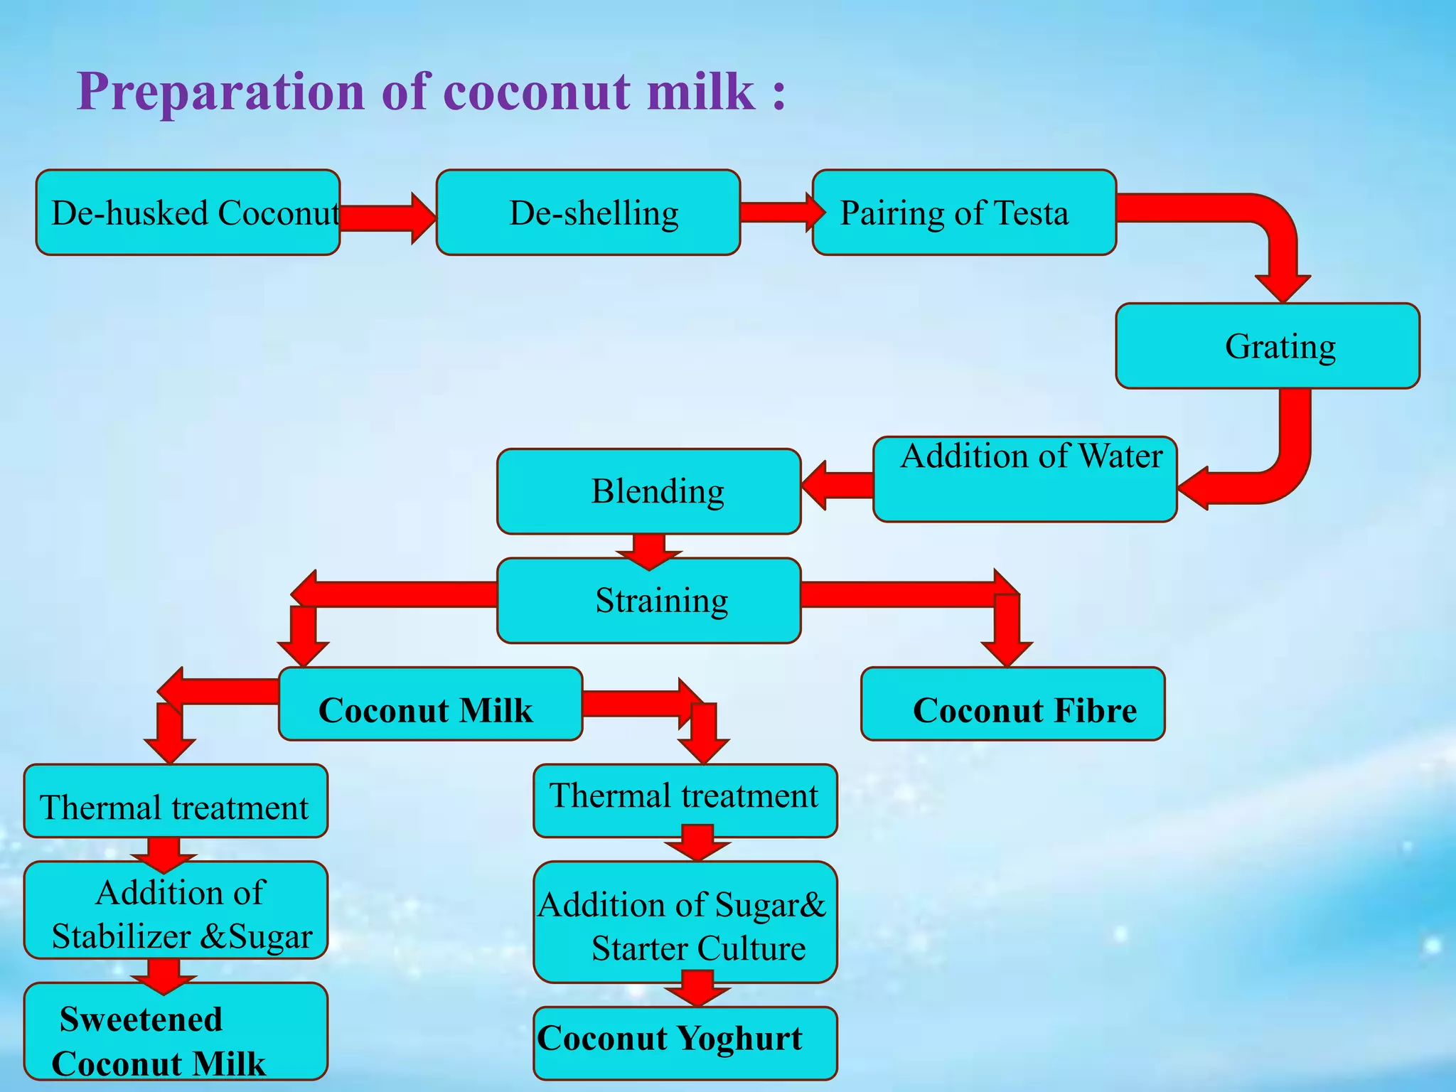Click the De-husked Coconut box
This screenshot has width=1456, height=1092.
(188, 212)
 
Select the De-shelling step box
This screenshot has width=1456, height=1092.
(588, 212)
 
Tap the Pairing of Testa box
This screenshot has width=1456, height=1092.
(964, 212)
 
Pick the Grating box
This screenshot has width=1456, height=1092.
(1268, 346)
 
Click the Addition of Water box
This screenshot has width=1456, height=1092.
(1025, 479)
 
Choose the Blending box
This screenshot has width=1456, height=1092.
(649, 491)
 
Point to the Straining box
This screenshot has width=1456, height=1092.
(649, 601)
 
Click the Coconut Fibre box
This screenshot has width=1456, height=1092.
(1013, 704)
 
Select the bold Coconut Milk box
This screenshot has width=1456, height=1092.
(431, 704)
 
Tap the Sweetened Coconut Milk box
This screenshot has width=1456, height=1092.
(176, 1032)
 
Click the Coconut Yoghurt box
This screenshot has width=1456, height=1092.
(685, 1043)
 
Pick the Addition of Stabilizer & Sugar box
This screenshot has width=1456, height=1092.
(176, 910)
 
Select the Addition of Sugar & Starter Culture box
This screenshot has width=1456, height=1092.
(685, 922)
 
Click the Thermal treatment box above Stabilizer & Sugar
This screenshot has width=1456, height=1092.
(176, 801)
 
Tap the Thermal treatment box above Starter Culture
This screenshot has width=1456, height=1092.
(685, 801)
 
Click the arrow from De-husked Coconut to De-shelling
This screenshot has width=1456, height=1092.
(388, 218)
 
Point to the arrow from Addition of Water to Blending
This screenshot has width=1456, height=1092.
(837, 485)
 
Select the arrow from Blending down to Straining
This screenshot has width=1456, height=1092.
(649, 552)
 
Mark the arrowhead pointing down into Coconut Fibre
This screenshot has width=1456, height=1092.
(1007, 653)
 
